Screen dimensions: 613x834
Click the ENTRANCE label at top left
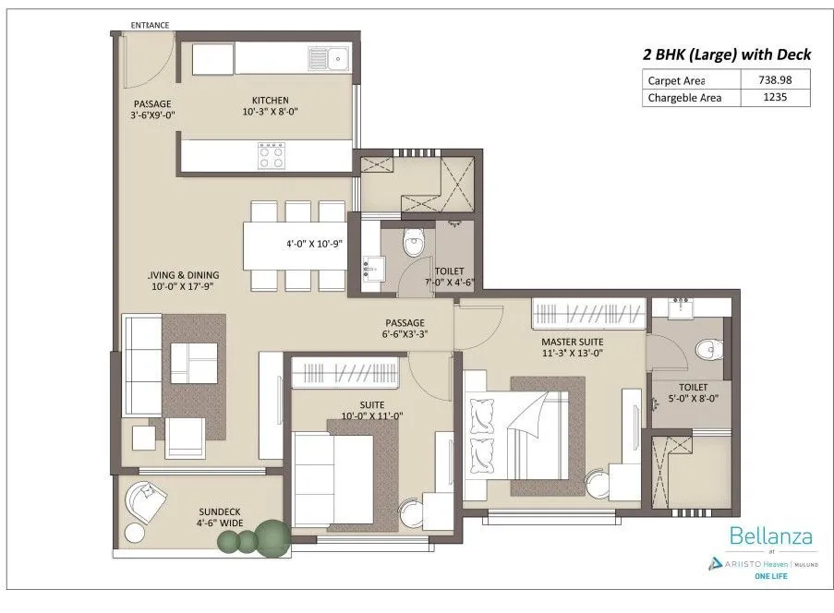coord(150,25)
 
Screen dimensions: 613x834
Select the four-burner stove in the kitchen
coord(271,154)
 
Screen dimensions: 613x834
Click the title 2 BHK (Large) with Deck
coord(711,54)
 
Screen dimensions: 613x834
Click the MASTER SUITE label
coord(572,341)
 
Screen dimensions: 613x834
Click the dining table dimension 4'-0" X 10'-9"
coord(315,246)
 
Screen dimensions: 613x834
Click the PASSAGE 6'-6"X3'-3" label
coord(404,330)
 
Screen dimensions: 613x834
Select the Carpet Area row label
coord(676,80)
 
